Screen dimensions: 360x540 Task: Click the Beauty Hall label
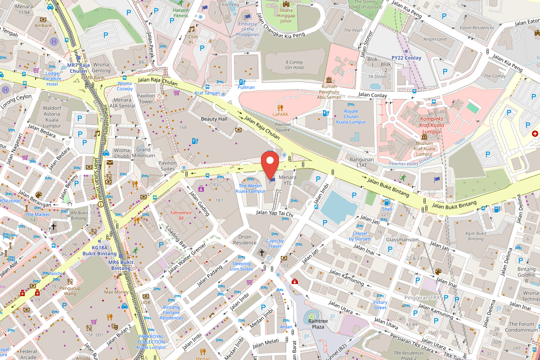[x=214, y=119]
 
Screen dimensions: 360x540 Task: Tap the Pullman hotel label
[x=246, y=87]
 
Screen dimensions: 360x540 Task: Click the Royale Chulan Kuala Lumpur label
[x=351, y=117]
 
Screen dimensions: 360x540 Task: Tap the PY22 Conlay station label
[x=406, y=58]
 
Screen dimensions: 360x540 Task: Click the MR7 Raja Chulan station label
[x=77, y=68]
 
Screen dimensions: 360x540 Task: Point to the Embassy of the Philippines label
[x=248, y=29]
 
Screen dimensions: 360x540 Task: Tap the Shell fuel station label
[x=387, y=209]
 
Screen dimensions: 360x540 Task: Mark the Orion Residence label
[x=247, y=239]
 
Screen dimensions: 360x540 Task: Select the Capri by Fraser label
[x=275, y=243]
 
